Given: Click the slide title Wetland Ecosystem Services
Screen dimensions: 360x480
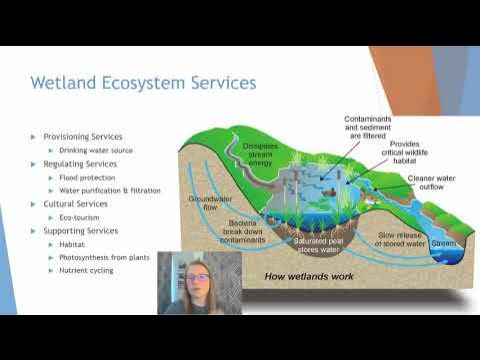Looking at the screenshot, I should pos(143,82).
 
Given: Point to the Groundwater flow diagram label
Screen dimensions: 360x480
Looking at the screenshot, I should pos(210,203).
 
